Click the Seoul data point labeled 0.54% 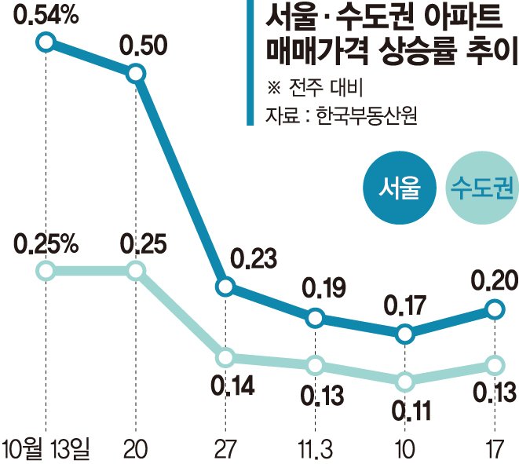click(x=46, y=42)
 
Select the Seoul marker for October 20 click(x=136, y=74)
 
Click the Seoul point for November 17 click(x=495, y=309)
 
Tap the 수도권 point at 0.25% click(x=46, y=272)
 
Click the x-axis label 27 click(x=225, y=449)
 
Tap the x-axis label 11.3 click(x=315, y=449)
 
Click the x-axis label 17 click(x=494, y=449)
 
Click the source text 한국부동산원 click(x=366, y=116)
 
